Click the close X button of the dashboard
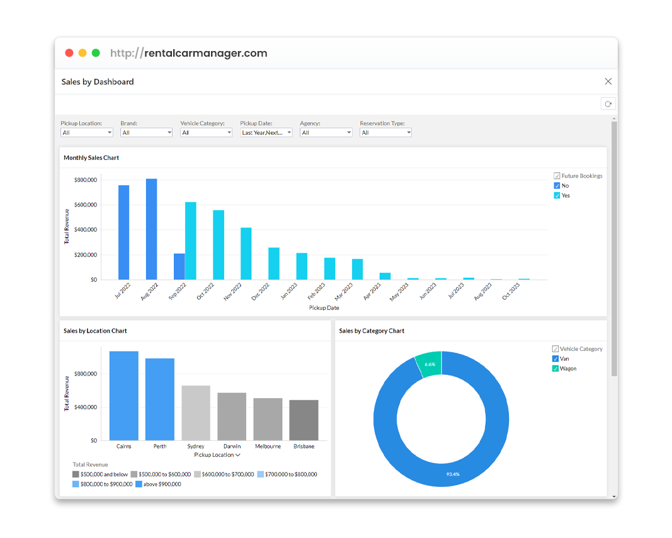pyautogui.click(x=608, y=81)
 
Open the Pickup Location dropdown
pyautogui.click(x=87, y=133)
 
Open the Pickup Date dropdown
pyautogui.click(x=266, y=133)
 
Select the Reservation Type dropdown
pyautogui.click(x=385, y=133)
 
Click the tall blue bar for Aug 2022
pyautogui.click(x=151, y=229)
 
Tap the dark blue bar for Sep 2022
pyautogui.click(x=179, y=266)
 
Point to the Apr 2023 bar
pyautogui.click(x=385, y=276)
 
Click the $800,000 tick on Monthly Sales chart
pyautogui.click(x=85, y=180)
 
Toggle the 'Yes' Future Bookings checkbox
pyautogui.click(x=557, y=195)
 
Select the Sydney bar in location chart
pyautogui.click(x=195, y=413)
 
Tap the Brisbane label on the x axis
pyautogui.click(x=304, y=446)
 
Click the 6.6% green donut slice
pyautogui.click(x=430, y=363)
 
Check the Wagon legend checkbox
pyautogui.click(x=555, y=369)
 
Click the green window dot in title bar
pyautogui.click(x=96, y=53)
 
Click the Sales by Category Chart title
pyautogui.click(x=372, y=331)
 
